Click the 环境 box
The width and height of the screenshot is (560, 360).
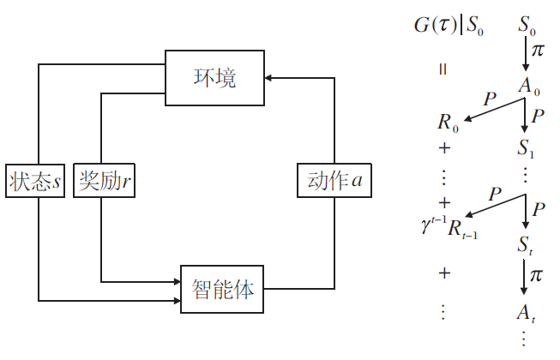coord(214,78)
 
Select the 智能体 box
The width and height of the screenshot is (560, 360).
coord(222,290)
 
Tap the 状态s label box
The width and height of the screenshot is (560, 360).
coord(36,181)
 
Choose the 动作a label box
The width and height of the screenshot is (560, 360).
coord(334,181)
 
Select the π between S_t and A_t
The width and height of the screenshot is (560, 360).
coord(538,276)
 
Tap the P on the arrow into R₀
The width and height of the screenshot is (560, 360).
coord(490,99)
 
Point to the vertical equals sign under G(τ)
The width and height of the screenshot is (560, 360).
coord(443,69)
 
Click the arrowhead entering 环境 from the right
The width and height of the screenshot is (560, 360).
coord(268,78)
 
